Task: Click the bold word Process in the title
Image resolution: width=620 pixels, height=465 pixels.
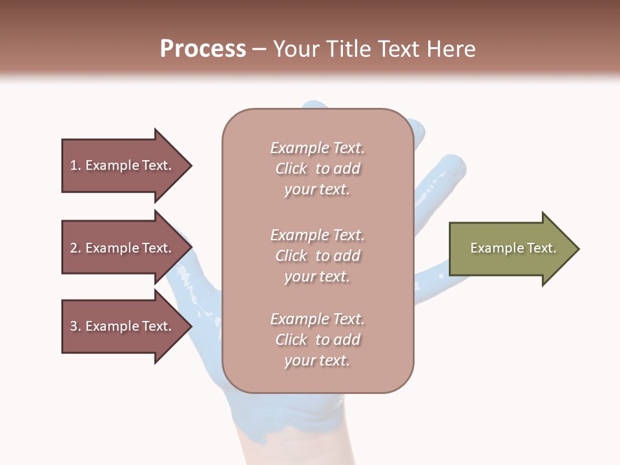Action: point(203,48)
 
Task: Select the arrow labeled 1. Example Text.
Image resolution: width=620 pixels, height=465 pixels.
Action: point(123,165)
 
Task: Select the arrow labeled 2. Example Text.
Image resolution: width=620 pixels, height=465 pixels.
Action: point(123,248)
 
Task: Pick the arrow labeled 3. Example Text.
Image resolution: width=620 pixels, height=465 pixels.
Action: point(123,326)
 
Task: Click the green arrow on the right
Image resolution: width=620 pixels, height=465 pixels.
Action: point(510,249)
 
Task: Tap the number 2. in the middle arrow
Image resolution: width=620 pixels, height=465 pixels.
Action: point(76,248)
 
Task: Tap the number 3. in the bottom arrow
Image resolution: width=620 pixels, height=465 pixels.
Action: point(76,326)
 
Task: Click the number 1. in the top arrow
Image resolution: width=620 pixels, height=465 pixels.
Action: point(76,165)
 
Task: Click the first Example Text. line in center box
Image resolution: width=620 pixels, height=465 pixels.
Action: point(317,148)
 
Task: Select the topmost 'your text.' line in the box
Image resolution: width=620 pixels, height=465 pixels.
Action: point(317,189)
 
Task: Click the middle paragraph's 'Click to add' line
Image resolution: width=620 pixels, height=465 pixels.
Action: point(317,256)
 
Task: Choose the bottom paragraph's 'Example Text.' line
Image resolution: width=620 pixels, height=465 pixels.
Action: point(317,319)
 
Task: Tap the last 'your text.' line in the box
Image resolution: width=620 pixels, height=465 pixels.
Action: point(317,360)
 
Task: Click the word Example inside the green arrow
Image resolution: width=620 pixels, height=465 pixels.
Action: point(491,248)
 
